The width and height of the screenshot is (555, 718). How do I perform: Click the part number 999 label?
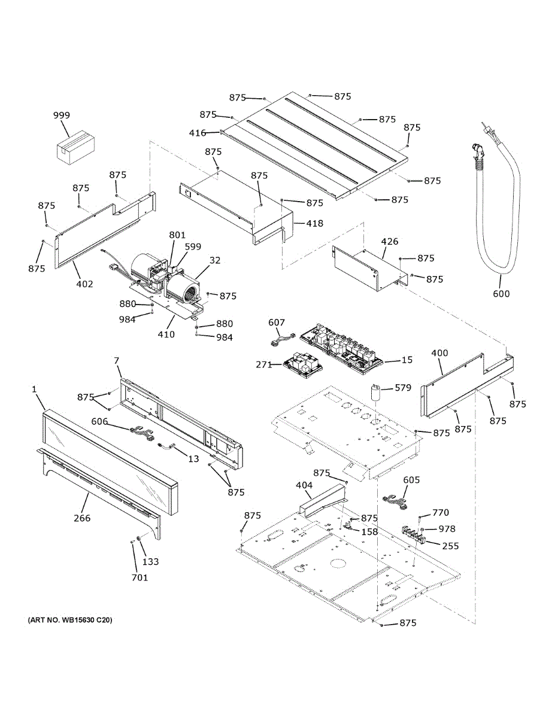click(x=61, y=115)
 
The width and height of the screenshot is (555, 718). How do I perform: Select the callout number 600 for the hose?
click(x=502, y=293)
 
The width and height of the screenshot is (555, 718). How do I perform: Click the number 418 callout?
click(x=314, y=224)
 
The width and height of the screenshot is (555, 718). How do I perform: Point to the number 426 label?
click(x=390, y=242)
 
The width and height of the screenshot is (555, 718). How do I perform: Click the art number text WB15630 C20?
click(x=69, y=620)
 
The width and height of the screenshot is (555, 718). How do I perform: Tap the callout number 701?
click(x=140, y=577)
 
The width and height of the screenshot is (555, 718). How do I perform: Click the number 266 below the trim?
click(x=82, y=518)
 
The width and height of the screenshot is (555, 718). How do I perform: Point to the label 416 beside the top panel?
click(x=198, y=133)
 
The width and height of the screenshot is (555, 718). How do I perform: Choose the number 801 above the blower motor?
click(x=177, y=235)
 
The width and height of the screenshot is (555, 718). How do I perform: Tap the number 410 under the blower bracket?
click(x=166, y=334)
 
